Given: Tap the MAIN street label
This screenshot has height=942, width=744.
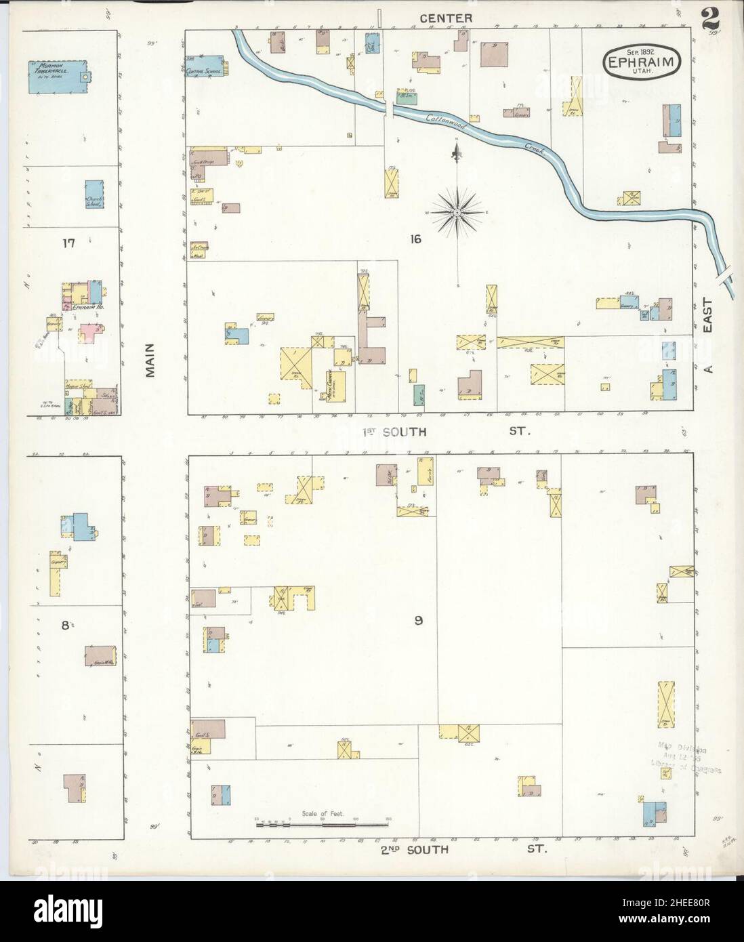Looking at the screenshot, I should (x=150, y=365).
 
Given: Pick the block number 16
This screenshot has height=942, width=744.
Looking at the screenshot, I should (x=415, y=239).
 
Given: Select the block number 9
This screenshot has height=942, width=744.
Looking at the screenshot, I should (x=419, y=619).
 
